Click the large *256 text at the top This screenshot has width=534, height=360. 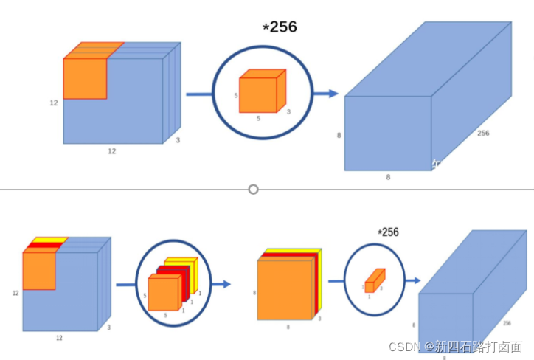[280, 27]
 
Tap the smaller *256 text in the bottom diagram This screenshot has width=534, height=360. [388, 232]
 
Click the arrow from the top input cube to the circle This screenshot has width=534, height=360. [198, 94]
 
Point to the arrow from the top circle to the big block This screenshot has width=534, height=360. [325, 94]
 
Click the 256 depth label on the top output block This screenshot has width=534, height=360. [483, 134]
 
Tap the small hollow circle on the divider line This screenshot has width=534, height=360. [254, 189]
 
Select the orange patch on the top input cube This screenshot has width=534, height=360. [86, 77]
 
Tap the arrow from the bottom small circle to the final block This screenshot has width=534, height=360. [412, 280]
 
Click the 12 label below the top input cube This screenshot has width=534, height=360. [112, 151]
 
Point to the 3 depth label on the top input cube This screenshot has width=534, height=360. [178, 139]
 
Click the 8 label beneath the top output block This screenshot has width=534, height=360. [388, 177]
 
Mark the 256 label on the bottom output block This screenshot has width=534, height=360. [506, 323]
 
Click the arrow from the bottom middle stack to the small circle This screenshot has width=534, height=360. [336, 280]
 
